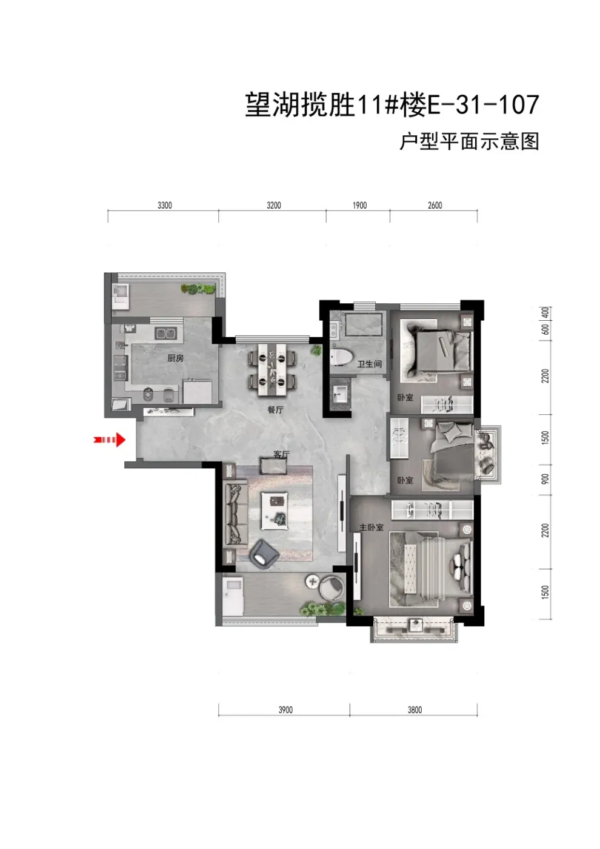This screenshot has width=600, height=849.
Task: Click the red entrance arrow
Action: tap(110, 440)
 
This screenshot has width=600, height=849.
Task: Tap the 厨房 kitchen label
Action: tap(175, 358)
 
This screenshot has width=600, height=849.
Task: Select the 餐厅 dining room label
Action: tap(275, 410)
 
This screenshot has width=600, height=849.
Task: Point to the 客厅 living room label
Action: tap(281, 454)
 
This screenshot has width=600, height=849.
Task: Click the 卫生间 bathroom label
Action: tap(369, 364)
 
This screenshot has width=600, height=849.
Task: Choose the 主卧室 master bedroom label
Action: tap(371, 527)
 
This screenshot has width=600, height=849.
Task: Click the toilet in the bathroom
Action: tap(341, 358)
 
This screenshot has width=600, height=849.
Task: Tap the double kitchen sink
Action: tap(165, 334)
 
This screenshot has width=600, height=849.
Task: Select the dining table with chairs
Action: tap(272, 369)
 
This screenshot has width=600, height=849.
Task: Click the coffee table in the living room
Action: tap(274, 511)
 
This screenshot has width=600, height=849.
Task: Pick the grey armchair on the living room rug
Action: tap(264, 555)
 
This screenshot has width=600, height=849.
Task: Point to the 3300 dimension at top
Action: tap(164, 206)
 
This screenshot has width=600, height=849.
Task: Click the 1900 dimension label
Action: tap(359, 206)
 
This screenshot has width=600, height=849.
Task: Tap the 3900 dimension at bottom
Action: tap(285, 710)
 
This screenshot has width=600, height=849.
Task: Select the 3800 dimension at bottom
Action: tap(415, 710)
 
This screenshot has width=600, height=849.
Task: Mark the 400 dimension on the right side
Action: tap(545, 313)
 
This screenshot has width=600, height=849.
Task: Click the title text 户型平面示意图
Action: tap(469, 141)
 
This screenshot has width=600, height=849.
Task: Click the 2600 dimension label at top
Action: tap(435, 206)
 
